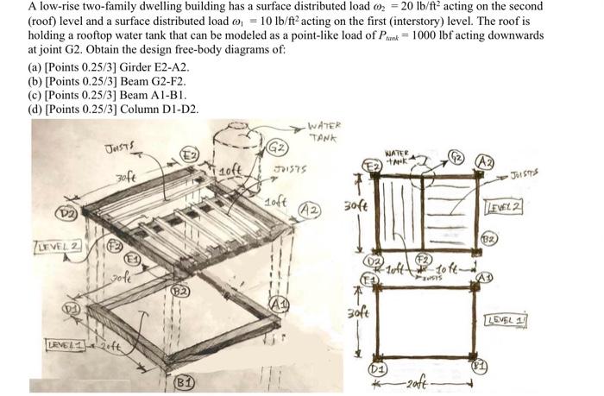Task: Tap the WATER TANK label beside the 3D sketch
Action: pos(325,130)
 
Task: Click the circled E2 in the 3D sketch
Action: pos(189,155)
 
